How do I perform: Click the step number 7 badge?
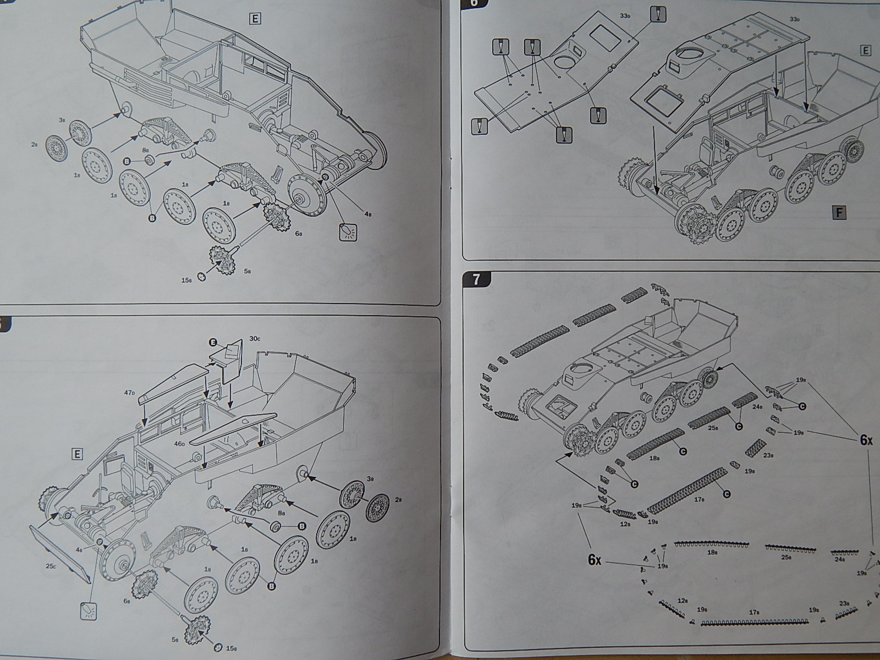tap(476, 279)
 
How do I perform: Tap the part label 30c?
tap(254, 338)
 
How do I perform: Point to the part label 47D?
tap(130, 393)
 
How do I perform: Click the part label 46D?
tap(179, 443)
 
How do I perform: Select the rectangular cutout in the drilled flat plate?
tap(607, 37)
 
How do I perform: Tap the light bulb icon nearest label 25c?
tap(89, 610)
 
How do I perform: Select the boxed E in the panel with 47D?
tap(76, 454)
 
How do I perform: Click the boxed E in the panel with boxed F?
tap(865, 51)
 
